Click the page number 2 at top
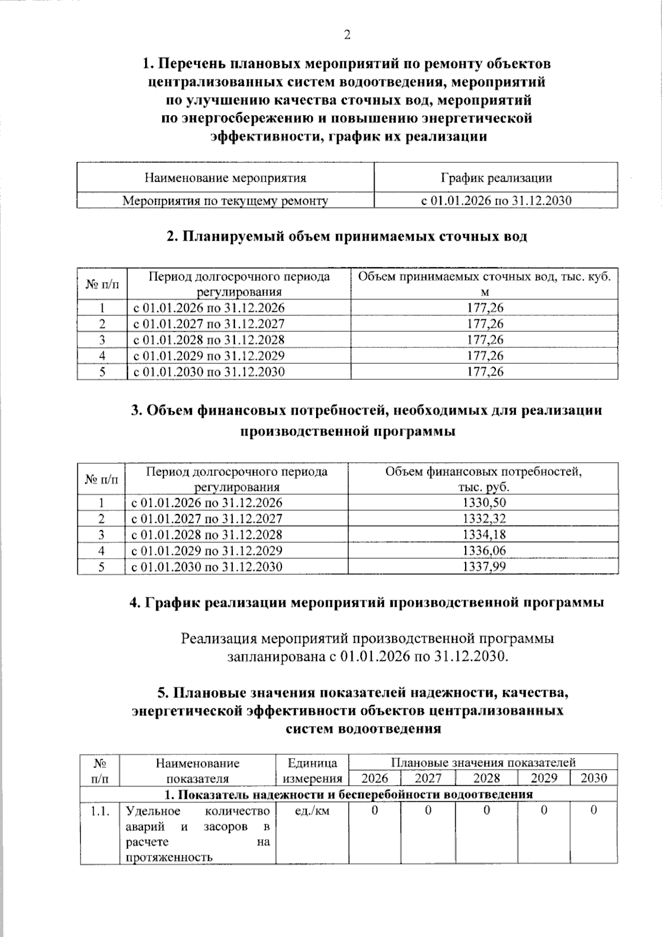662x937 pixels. (x=347, y=35)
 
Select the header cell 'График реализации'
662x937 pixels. (x=496, y=178)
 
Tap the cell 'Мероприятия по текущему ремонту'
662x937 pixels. (x=225, y=200)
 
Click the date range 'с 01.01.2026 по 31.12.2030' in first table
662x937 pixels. (x=496, y=200)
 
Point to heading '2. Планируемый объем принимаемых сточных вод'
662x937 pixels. (x=347, y=236)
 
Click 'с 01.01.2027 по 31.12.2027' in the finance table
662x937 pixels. (x=206, y=518)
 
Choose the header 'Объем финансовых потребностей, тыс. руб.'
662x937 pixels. (x=483, y=479)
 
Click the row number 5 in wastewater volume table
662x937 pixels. (x=102, y=372)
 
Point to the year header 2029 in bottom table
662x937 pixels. (x=543, y=778)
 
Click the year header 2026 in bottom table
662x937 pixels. (x=375, y=778)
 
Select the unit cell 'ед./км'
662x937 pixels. (x=312, y=811)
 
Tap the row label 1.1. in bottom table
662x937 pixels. (x=100, y=811)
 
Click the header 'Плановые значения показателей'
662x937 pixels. (x=483, y=763)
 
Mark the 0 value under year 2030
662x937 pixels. (x=594, y=811)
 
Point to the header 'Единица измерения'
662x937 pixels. (x=312, y=770)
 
